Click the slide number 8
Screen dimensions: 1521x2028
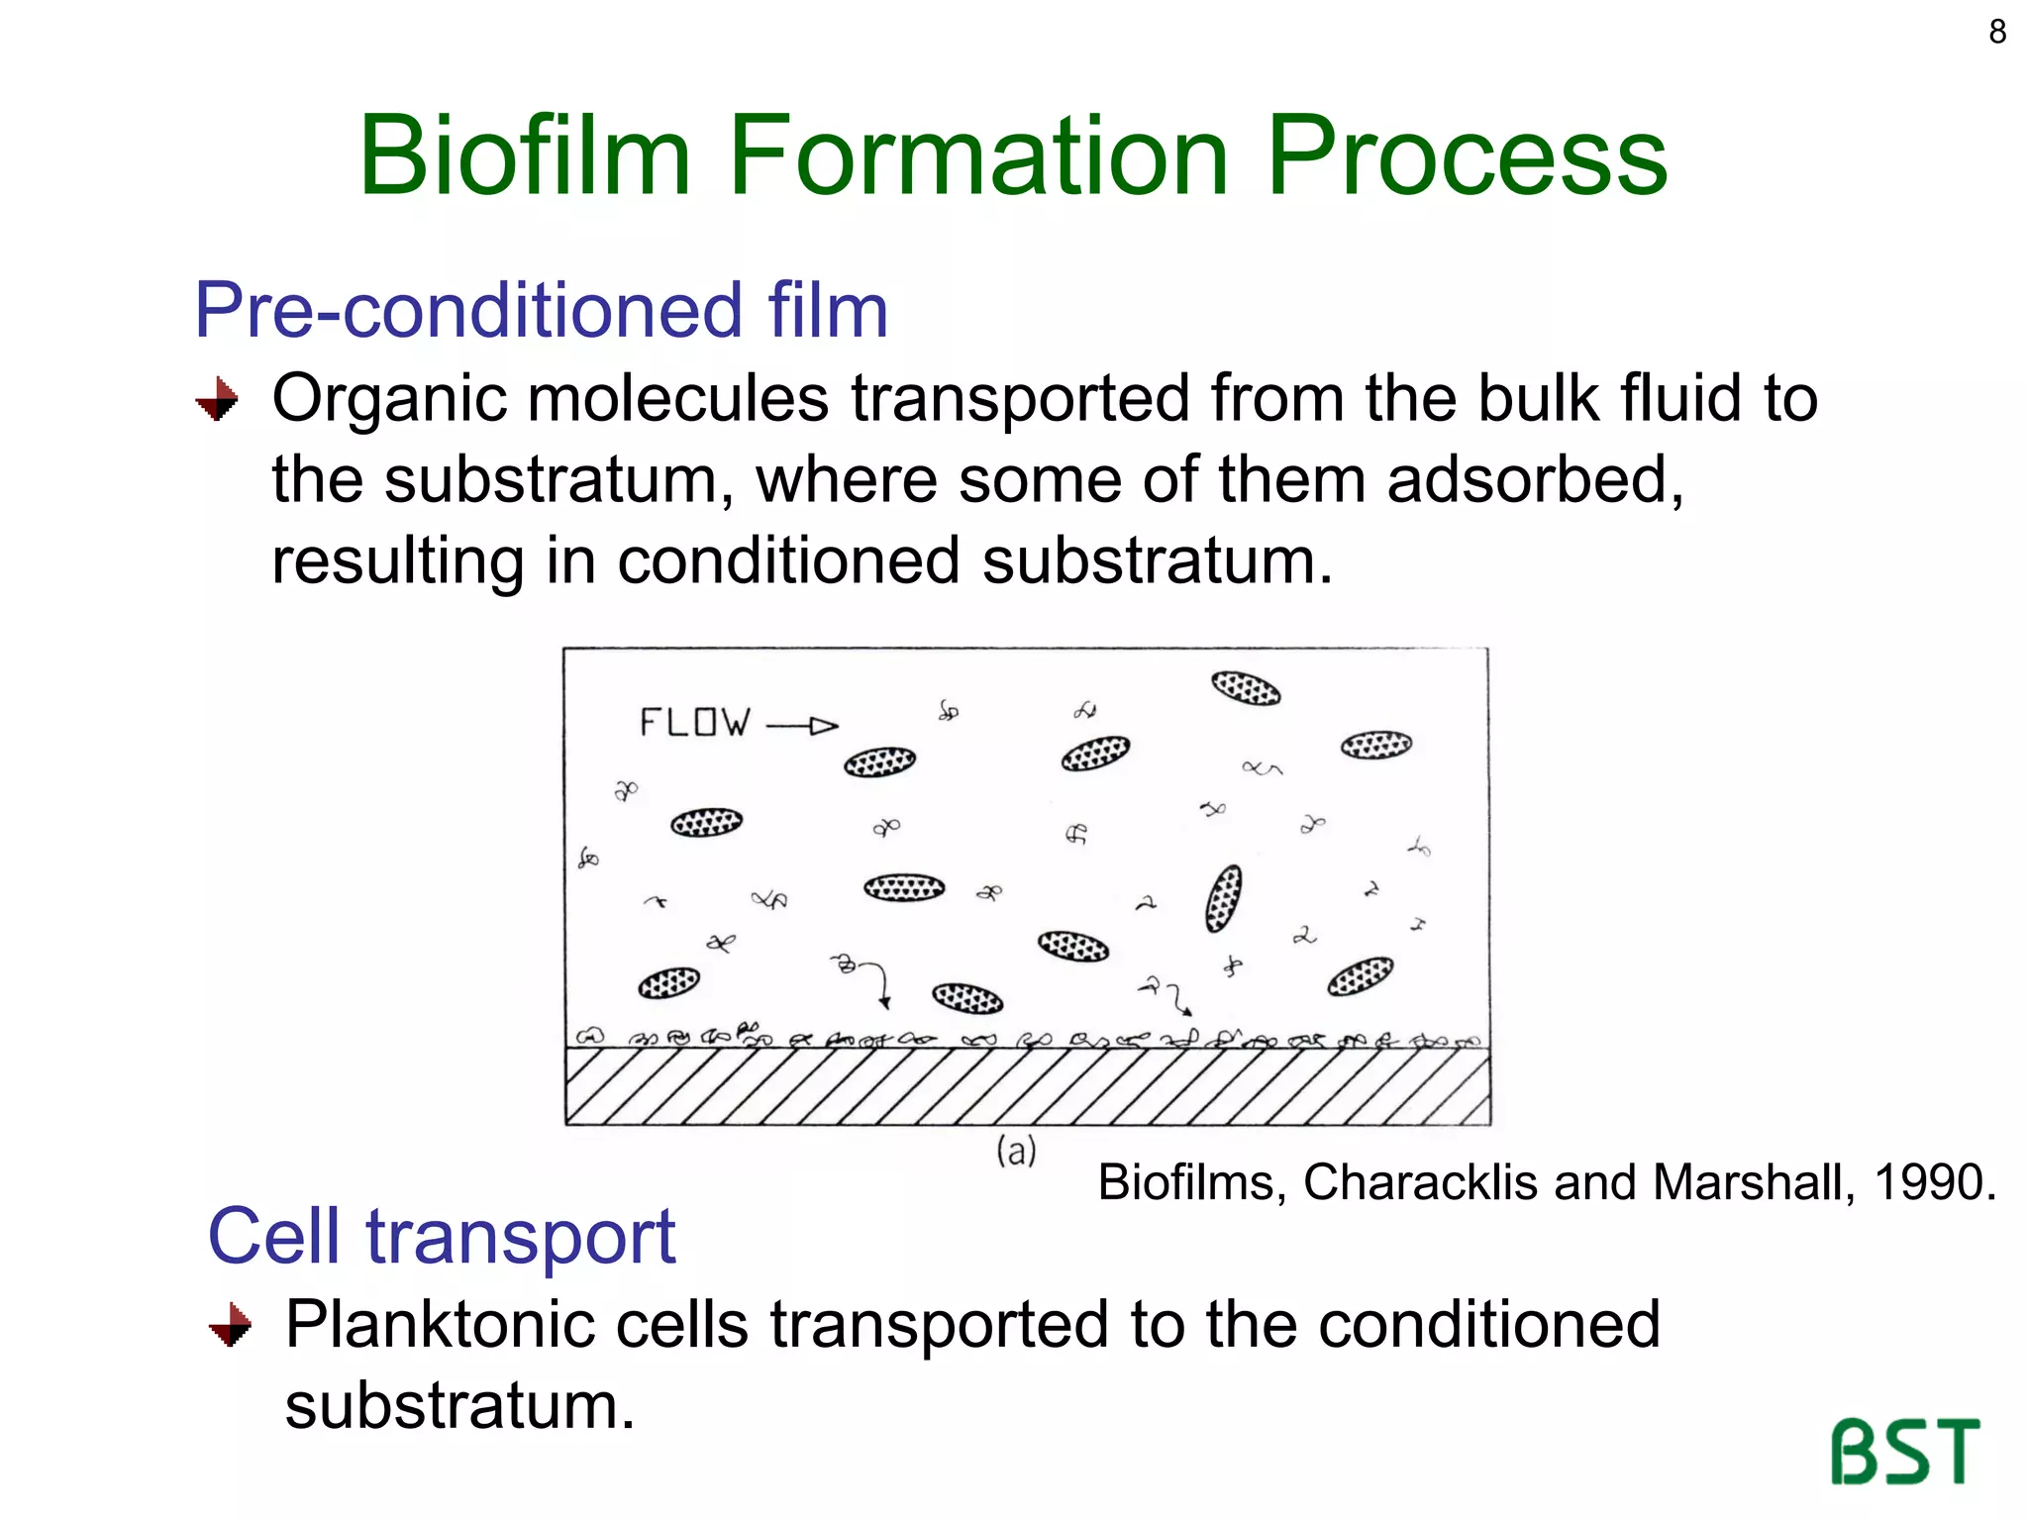(1997, 32)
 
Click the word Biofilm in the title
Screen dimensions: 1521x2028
(525, 156)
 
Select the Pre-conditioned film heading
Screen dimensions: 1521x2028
(541, 311)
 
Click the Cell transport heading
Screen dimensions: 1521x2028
(441, 1237)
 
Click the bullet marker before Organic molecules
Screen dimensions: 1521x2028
(218, 400)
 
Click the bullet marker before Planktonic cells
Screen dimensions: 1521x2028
(231, 1325)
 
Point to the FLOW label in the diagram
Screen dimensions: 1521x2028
(694, 722)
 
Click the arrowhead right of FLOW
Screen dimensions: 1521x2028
(824, 727)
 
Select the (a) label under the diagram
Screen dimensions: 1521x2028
(1016, 1152)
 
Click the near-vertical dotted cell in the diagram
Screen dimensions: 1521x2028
(1224, 898)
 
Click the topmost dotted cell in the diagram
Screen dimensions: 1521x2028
(1246, 687)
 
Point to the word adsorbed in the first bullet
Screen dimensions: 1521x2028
(1534, 480)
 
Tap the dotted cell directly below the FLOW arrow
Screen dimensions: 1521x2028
(879, 761)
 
